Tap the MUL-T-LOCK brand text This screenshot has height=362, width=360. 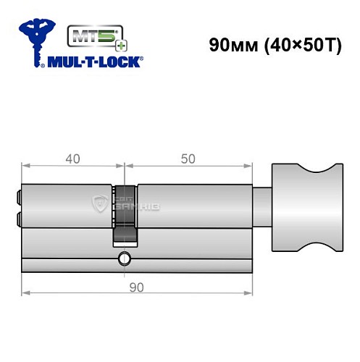[x=94, y=62]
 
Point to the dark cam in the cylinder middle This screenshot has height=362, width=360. [x=125, y=213]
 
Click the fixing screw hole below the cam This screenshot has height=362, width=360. [x=125, y=257]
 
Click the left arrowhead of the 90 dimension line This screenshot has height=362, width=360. [x=25, y=293]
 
